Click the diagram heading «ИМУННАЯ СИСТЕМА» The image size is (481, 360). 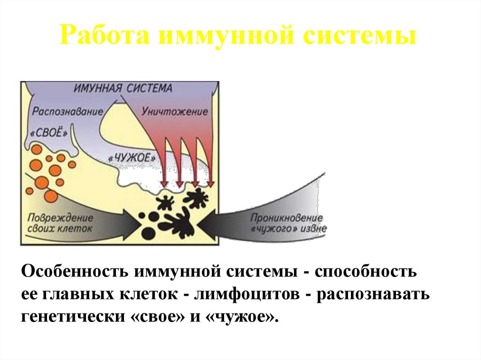tap(124, 88)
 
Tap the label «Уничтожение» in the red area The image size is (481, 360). tap(174, 113)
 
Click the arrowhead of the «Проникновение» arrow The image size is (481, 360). tap(211, 221)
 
